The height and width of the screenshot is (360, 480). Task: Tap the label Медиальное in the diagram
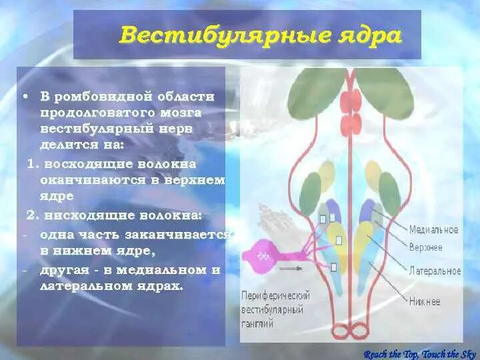pos(433,229)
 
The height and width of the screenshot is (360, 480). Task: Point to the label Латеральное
pos(435,271)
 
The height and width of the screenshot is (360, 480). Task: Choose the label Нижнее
pos(425,301)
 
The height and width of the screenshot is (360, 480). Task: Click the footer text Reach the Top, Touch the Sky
pos(420,353)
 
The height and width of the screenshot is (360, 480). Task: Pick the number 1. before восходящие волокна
pos(32,163)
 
